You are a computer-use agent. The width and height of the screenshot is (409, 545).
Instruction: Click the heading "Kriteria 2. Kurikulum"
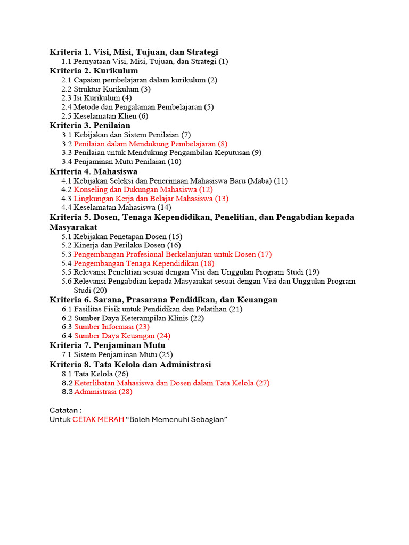coord(94,71)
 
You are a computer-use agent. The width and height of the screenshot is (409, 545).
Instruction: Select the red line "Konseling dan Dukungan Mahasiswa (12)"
coord(143,189)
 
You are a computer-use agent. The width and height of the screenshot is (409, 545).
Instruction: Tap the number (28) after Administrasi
coord(126,392)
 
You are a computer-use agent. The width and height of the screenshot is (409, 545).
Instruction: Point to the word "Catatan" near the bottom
coord(64,410)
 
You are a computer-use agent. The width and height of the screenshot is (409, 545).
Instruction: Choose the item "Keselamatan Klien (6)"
coord(111,116)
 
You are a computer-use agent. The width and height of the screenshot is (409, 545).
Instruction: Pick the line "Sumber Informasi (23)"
coord(112,327)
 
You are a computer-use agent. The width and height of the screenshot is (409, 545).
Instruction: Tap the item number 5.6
coord(67,281)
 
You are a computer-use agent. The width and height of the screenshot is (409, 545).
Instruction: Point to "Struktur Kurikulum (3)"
coord(112,89)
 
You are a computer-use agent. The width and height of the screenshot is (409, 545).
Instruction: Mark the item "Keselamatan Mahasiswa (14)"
coord(122,208)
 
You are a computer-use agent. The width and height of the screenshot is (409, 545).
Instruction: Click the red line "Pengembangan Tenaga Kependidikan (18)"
coord(144,263)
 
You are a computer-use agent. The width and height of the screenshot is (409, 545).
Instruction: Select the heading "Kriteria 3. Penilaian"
coord(90,126)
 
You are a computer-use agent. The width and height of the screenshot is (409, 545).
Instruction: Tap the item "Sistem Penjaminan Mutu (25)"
coord(123,354)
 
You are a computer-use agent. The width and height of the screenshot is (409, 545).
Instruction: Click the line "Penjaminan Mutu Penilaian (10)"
coord(127,162)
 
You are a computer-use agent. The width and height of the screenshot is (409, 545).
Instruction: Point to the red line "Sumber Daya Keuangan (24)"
coord(122,336)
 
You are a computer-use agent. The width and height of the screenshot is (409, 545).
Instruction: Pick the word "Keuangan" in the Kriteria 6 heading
coord(258,300)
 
